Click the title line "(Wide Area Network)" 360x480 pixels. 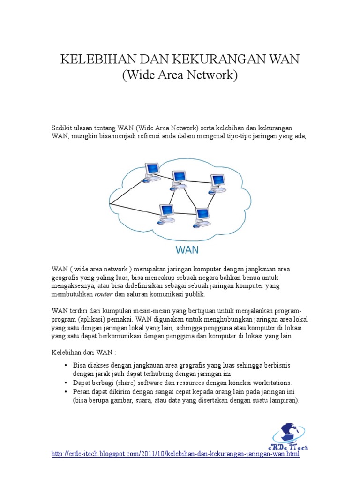[x=180, y=75]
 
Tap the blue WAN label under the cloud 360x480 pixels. [x=187, y=249]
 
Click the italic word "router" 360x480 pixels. [x=104, y=295]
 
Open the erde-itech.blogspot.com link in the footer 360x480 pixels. [x=174, y=455]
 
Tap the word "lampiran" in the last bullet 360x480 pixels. [x=284, y=401]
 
